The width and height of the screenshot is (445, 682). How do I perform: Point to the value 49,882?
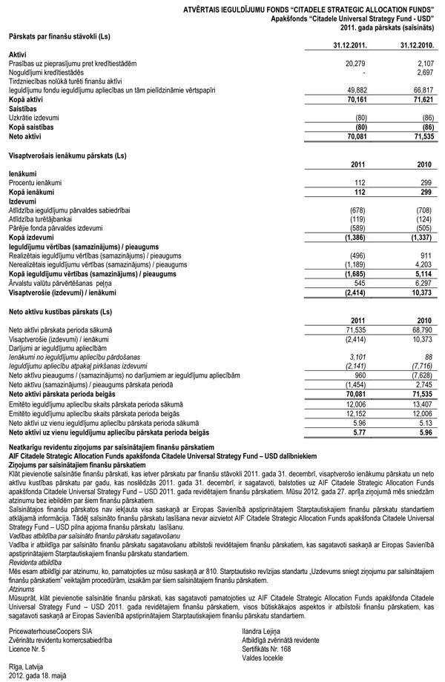tap(355, 89)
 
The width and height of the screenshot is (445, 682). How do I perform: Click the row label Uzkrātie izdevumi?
tap(36, 117)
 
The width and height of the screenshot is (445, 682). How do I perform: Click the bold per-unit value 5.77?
tap(360, 432)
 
